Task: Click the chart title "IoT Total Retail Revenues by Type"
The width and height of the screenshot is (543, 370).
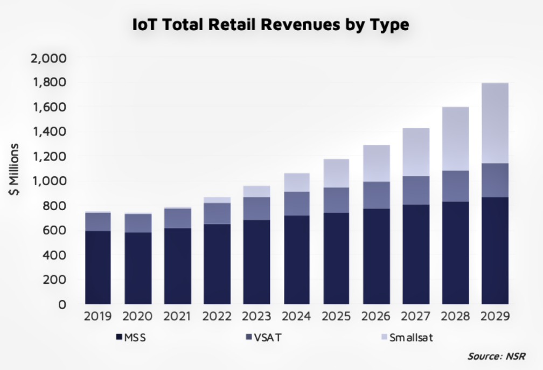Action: pos(270,25)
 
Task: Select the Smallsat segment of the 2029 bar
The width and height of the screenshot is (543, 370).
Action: pos(495,123)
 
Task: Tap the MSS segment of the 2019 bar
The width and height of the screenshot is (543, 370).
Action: pos(98,267)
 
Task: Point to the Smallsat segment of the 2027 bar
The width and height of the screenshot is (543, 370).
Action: pos(415,152)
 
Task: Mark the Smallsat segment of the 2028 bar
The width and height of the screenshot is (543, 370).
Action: pos(455,139)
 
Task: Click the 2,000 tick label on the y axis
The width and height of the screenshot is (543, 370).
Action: pos(48,58)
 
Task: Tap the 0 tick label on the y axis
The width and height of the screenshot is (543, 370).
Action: pos(62,304)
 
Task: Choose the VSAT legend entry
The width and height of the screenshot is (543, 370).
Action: pos(263,338)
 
